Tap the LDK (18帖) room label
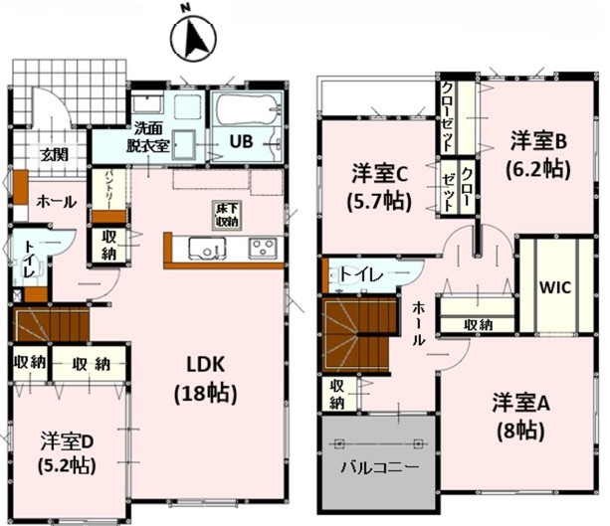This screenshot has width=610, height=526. pos(205,380)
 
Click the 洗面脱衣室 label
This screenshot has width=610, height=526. pos(148,137)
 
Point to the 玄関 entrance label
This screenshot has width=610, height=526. pos(56,155)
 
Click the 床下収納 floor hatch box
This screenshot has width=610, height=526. pos(227,215)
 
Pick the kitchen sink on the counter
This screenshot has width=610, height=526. pos(207,249)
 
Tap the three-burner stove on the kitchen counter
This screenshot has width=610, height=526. pos(264,248)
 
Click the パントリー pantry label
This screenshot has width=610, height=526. pos(108,189)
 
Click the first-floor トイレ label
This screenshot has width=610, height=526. pos(30,259)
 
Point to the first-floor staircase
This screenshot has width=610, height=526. pos(52,324)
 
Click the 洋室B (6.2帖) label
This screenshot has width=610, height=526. pos(538,155)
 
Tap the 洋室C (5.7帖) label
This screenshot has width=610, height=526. pos(379,187)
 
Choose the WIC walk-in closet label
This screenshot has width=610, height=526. pos(555,287)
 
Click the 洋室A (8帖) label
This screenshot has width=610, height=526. pos(520,417)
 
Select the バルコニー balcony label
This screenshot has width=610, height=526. pos(380,466)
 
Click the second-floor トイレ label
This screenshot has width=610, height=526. pos(361,275)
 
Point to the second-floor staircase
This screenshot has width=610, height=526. pos(358,334)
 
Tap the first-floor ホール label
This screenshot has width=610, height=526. pos(56,202)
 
